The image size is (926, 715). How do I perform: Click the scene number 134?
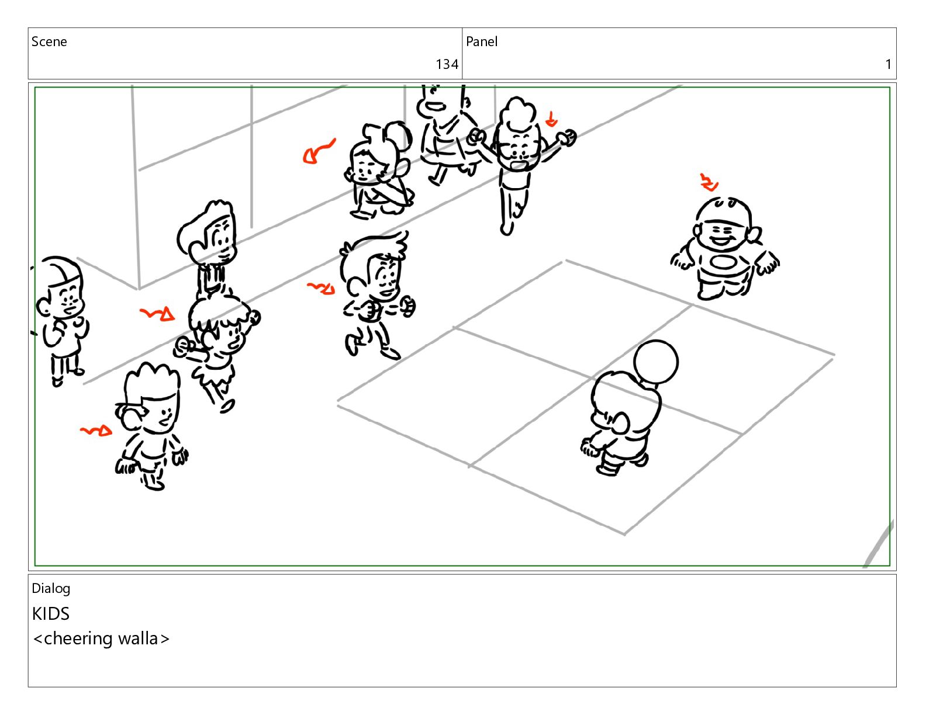click(x=446, y=64)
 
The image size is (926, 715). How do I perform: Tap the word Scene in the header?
click(x=49, y=41)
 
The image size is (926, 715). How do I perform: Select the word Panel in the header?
click(x=481, y=41)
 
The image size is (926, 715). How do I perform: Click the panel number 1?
click(x=888, y=64)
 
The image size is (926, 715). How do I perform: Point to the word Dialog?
click(x=51, y=588)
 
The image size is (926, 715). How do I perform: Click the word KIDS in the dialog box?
click(x=50, y=613)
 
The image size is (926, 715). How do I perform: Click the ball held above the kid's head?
click(x=655, y=362)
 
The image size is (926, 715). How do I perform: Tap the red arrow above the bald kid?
click(x=709, y=183)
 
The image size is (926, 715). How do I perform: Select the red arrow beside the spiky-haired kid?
click(x=96, y=431)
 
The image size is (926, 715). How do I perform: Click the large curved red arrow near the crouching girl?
click(x=317, y=152)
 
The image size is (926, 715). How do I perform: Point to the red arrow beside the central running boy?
click(x=322, y=289)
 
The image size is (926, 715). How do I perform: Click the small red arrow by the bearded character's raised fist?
click(x=551, y=119)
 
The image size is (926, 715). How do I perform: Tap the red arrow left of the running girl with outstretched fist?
click(x=157, y=314)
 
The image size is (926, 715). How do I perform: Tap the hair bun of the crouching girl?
click(x=399, y=134)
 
